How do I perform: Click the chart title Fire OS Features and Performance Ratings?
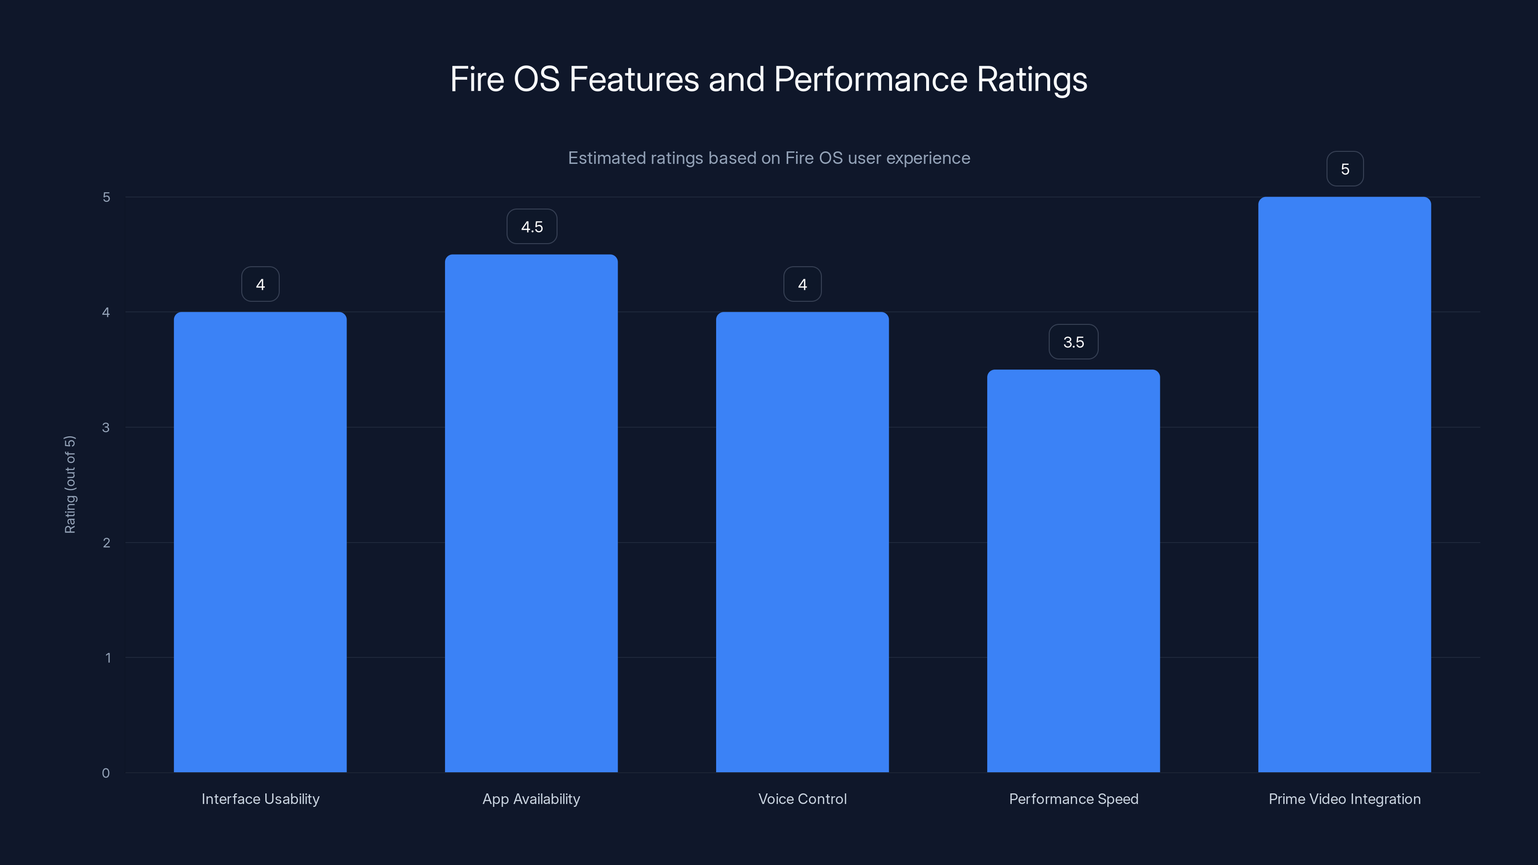[x=769, y=79]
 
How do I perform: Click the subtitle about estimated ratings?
[x=769, y=158]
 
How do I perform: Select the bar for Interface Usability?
[x=260, y=542]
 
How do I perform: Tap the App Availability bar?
[x=532, y=513]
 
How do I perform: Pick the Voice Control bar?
[x=803, y=542]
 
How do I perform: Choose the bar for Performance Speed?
[x=1074, y=571]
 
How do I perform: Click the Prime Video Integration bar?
[x=1345, y=485]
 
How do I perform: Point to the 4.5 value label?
[x=532, y=227]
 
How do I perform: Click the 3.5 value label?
[x=1074, y=342]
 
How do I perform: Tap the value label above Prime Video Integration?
[x=1345, y=170]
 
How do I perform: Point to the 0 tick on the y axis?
[x=106, y=773]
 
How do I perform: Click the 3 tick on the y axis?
[x=106, y=427]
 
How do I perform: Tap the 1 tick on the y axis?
[x=108, y=658]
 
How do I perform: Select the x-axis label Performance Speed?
[x=1074, y=799]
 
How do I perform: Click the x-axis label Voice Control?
[x=803, y=799]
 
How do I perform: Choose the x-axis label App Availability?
[x=532, y=799]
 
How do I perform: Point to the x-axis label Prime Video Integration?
[x=1345, y=799]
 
